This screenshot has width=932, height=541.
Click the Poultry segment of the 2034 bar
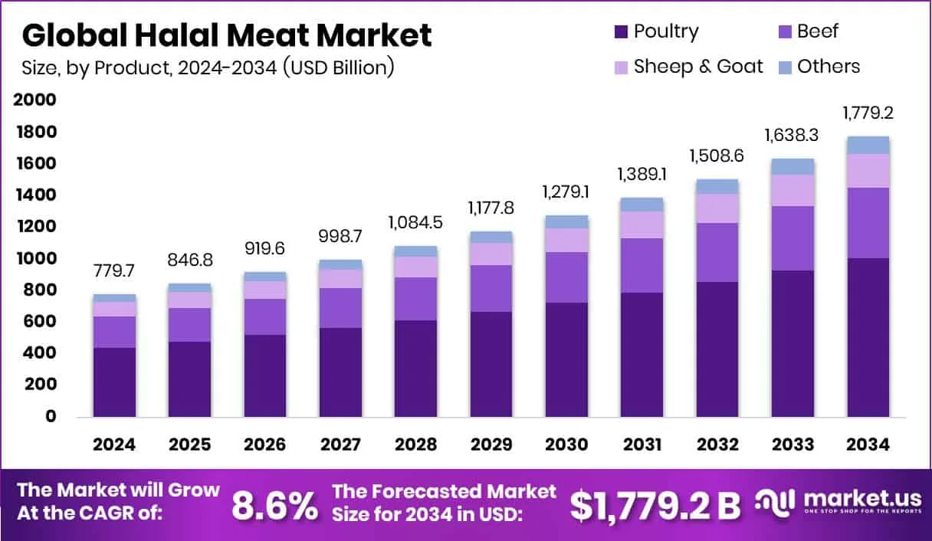coord(868,337)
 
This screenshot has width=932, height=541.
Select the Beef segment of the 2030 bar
coord(566,277)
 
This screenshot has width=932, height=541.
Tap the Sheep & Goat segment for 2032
coord(717,208)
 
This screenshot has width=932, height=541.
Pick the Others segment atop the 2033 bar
coord(793,166)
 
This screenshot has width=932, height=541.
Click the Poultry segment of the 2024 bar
coord(114,382)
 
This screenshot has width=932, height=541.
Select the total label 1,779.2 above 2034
coord(868,113)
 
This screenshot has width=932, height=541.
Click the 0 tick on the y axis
coord(50,416)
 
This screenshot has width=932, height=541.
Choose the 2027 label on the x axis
coord(340,445)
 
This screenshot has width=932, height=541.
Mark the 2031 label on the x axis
coord(642,445)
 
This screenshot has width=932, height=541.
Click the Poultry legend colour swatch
coord(621,31)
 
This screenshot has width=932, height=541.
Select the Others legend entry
coord(828,67)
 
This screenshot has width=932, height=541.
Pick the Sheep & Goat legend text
coord(698,67)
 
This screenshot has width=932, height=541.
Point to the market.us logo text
coord(851,498)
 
